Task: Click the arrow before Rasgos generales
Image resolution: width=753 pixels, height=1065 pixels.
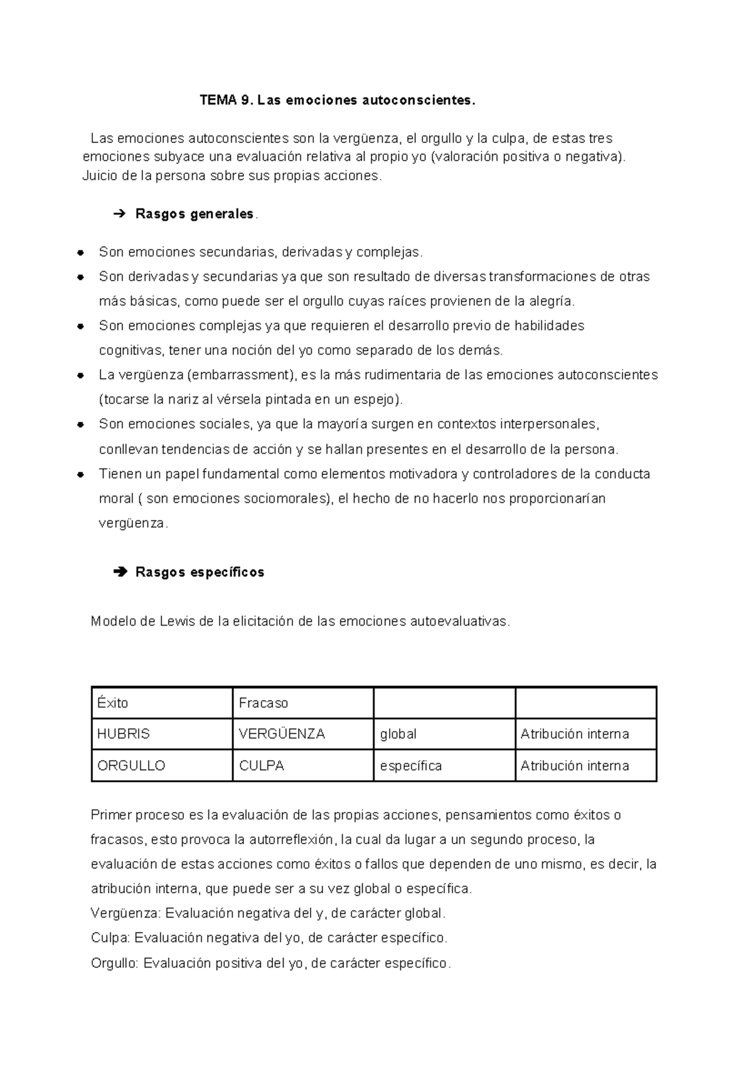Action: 118,215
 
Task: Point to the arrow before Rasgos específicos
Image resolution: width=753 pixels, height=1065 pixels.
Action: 118,572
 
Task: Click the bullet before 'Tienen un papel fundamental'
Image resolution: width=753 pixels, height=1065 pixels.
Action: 80,474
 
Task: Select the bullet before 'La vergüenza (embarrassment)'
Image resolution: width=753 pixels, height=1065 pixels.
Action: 80,376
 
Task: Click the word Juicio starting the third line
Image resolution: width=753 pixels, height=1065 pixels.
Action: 100,176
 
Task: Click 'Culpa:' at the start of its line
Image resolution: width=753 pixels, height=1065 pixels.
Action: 110,938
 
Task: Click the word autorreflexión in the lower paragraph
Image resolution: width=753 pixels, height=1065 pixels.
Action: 292,840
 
